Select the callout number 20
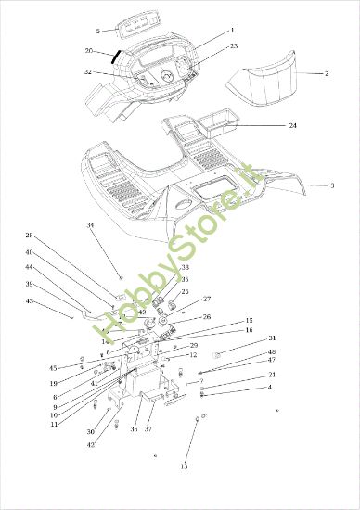[89, 51]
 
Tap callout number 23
[234, 45]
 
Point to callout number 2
[326, 72]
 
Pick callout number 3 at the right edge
[332, 185]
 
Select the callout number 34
[90, 225]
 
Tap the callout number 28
[29, 235]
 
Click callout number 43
[29, 300]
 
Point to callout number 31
[272, 338]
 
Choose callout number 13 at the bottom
[184, 466]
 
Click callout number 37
[148, 429]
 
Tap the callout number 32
[87, 71]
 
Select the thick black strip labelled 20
[116, 55]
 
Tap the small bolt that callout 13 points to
[197, 421]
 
